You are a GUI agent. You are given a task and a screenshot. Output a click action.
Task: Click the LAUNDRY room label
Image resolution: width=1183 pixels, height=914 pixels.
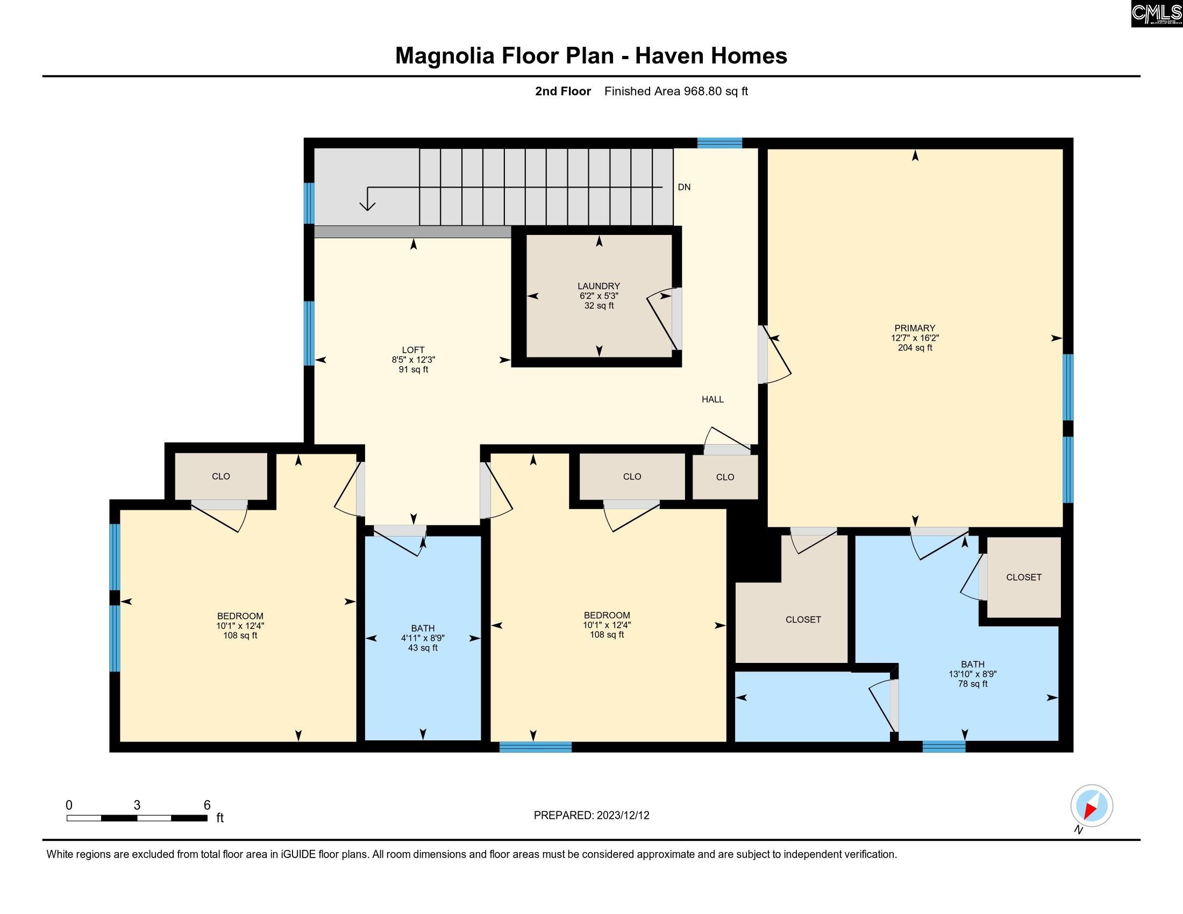click(598, 286)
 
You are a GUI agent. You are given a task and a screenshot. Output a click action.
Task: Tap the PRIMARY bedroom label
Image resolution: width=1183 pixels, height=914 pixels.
click(915, 328)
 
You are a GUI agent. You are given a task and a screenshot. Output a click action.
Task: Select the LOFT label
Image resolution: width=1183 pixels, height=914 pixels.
click(414, 351)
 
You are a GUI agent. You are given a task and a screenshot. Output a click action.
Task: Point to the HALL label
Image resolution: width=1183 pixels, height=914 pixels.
click(713, 399)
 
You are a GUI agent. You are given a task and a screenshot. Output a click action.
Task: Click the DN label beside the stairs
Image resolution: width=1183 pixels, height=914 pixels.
click(684, 187)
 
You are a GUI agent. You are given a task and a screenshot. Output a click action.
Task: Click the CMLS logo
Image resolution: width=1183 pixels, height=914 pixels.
click(1157, 13)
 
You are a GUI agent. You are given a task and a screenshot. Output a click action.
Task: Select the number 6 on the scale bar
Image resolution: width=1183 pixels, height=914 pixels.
click(207, 805)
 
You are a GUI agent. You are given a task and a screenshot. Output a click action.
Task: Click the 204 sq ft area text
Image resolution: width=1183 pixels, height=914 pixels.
click(915, 348)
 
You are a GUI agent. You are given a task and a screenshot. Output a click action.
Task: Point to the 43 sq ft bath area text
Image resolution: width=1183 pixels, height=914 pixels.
click(423, 648)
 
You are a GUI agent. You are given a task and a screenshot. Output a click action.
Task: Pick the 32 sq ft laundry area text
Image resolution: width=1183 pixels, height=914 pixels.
click(599, 306)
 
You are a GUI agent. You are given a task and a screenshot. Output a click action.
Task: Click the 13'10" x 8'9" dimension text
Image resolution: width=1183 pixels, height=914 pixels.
click(973, 674)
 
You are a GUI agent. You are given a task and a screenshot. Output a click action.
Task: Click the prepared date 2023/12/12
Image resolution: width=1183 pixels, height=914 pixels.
click(622, 816)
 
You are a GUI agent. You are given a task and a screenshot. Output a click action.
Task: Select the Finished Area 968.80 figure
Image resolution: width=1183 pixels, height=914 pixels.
click(703, 91)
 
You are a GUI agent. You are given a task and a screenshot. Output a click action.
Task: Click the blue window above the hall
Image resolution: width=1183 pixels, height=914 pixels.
click(719, 143)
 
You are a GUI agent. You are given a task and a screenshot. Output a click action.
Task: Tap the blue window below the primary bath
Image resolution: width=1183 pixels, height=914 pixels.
click(944, 747)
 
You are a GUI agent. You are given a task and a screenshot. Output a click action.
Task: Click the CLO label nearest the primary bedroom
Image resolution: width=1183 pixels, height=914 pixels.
click(725, 477)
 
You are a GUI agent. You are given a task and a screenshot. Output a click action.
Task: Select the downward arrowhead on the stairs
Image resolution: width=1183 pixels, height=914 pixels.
click(368, 206)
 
